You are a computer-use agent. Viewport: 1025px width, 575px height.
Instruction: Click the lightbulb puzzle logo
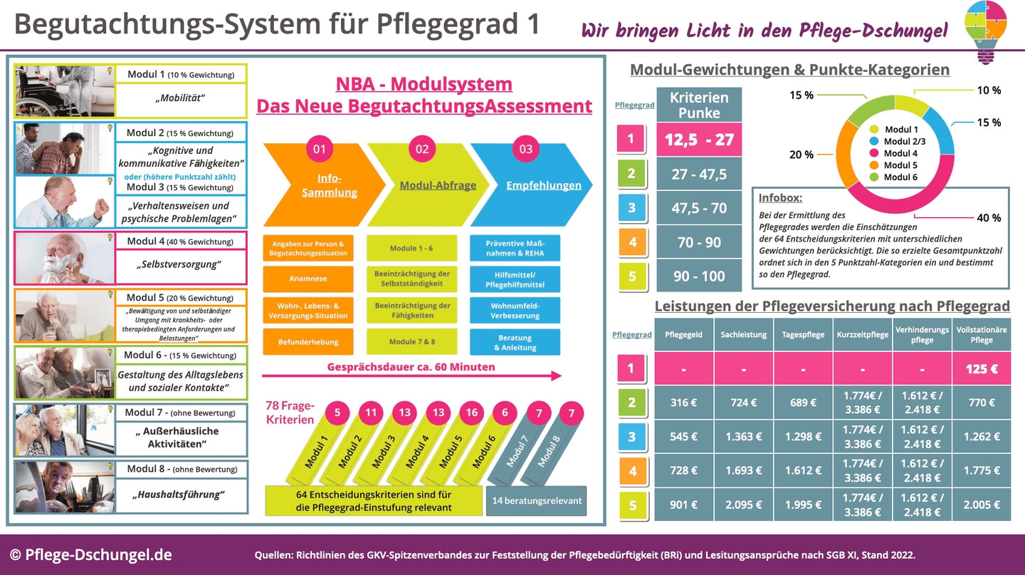click(986, 31)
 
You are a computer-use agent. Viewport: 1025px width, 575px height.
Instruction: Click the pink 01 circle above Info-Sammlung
click(320, 149)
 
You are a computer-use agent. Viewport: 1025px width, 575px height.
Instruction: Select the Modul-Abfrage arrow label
click(437, 185)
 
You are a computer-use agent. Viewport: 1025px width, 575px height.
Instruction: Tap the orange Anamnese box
click(307, 279)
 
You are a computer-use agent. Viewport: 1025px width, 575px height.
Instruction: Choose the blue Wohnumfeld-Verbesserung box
click(515, 310)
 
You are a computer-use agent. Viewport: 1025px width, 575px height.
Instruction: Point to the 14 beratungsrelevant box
click(537, 500)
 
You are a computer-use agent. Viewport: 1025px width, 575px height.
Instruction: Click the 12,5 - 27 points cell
click(699, 140)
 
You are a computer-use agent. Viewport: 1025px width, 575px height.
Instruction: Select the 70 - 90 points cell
click(699, 242)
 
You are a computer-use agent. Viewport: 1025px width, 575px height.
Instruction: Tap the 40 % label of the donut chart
click(988, 218)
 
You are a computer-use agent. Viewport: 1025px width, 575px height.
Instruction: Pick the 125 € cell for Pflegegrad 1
click(982, 368)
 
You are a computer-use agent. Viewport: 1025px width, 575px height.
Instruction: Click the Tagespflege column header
click(803, 334)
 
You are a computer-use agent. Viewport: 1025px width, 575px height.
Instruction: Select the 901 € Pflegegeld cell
click(684, 504)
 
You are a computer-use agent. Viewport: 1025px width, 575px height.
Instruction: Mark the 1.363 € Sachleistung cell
click(743, 436)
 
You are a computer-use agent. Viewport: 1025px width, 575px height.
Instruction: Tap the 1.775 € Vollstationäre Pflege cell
click(982, 470)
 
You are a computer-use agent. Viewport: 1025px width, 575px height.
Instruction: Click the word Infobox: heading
click(780, 198)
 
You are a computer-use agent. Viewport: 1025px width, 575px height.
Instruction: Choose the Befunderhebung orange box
click(307, 342)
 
